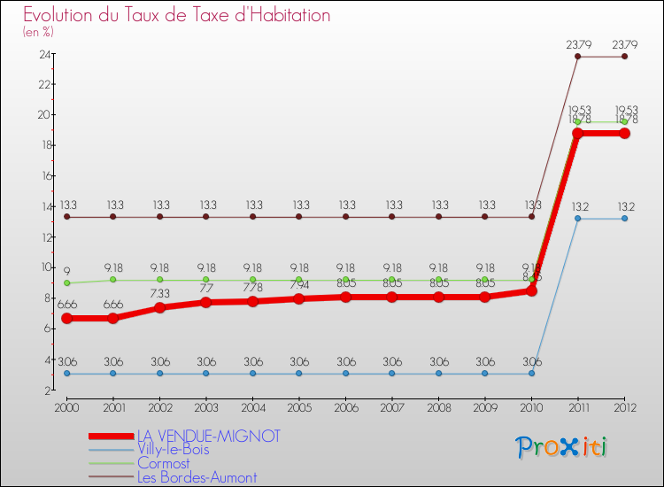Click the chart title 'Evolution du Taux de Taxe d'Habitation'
pyautogui.click(x=177, y=16)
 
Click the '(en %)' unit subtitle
pyautogui.click(x=38, y=33)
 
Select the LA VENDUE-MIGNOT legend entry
pyautogui.click(x=208, y=436)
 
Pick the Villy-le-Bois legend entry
pyautogui.click(x=174, y=450)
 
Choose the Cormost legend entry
pyautogui.click(x=163, y=463)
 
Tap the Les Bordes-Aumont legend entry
pyautogui.click(x=197, y=477)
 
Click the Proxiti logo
pyautogui.click(x=561, y=447)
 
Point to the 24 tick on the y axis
pyautogui.click(x=43, y=54)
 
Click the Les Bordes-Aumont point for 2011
pyautogui.click(x=578, y=57)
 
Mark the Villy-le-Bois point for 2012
pyautogui.click(x=624, y=218)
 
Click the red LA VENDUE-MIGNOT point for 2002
pyautogui.click(x=159, y=308)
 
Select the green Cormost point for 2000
pyautogui.click(x=66, y=283)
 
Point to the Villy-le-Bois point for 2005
pyautogui.click(x=298, y=374)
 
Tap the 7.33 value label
pyautogui.click(x=159, y=294)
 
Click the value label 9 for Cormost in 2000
pyautogui.click(x=66, y=271)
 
